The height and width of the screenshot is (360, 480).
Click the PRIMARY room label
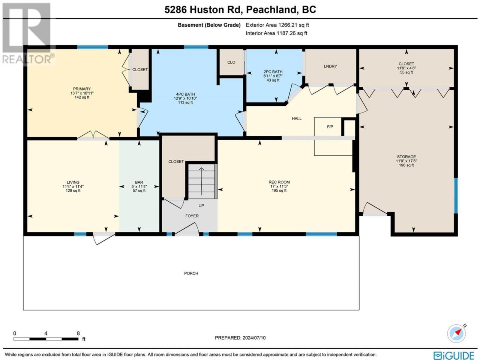(82, 89)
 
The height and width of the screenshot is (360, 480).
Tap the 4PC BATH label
(185, 94)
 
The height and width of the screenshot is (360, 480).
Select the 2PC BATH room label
(273, 72)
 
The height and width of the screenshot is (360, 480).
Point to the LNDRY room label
(330, 66)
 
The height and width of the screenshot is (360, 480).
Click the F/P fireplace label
(330, 126)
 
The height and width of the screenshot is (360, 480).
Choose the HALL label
(297, 118)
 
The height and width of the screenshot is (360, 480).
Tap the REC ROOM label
(279, 182)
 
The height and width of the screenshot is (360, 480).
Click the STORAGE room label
(406, 157)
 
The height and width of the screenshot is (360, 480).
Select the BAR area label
(139, 182)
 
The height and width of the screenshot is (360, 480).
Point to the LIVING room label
(73, 182)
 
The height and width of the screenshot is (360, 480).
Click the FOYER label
(192, 216)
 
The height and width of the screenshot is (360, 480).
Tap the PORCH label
(191, 273)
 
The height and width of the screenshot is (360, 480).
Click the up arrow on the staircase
(201, 181)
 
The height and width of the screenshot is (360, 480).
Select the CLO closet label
(231, 62)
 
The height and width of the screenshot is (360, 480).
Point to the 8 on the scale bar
(78, 333)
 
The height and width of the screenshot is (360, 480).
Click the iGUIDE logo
(453, 355)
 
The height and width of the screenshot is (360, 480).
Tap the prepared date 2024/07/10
(253, 338)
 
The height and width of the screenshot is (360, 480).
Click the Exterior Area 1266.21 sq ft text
(277, 25)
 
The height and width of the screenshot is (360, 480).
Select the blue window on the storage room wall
(456, 196)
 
